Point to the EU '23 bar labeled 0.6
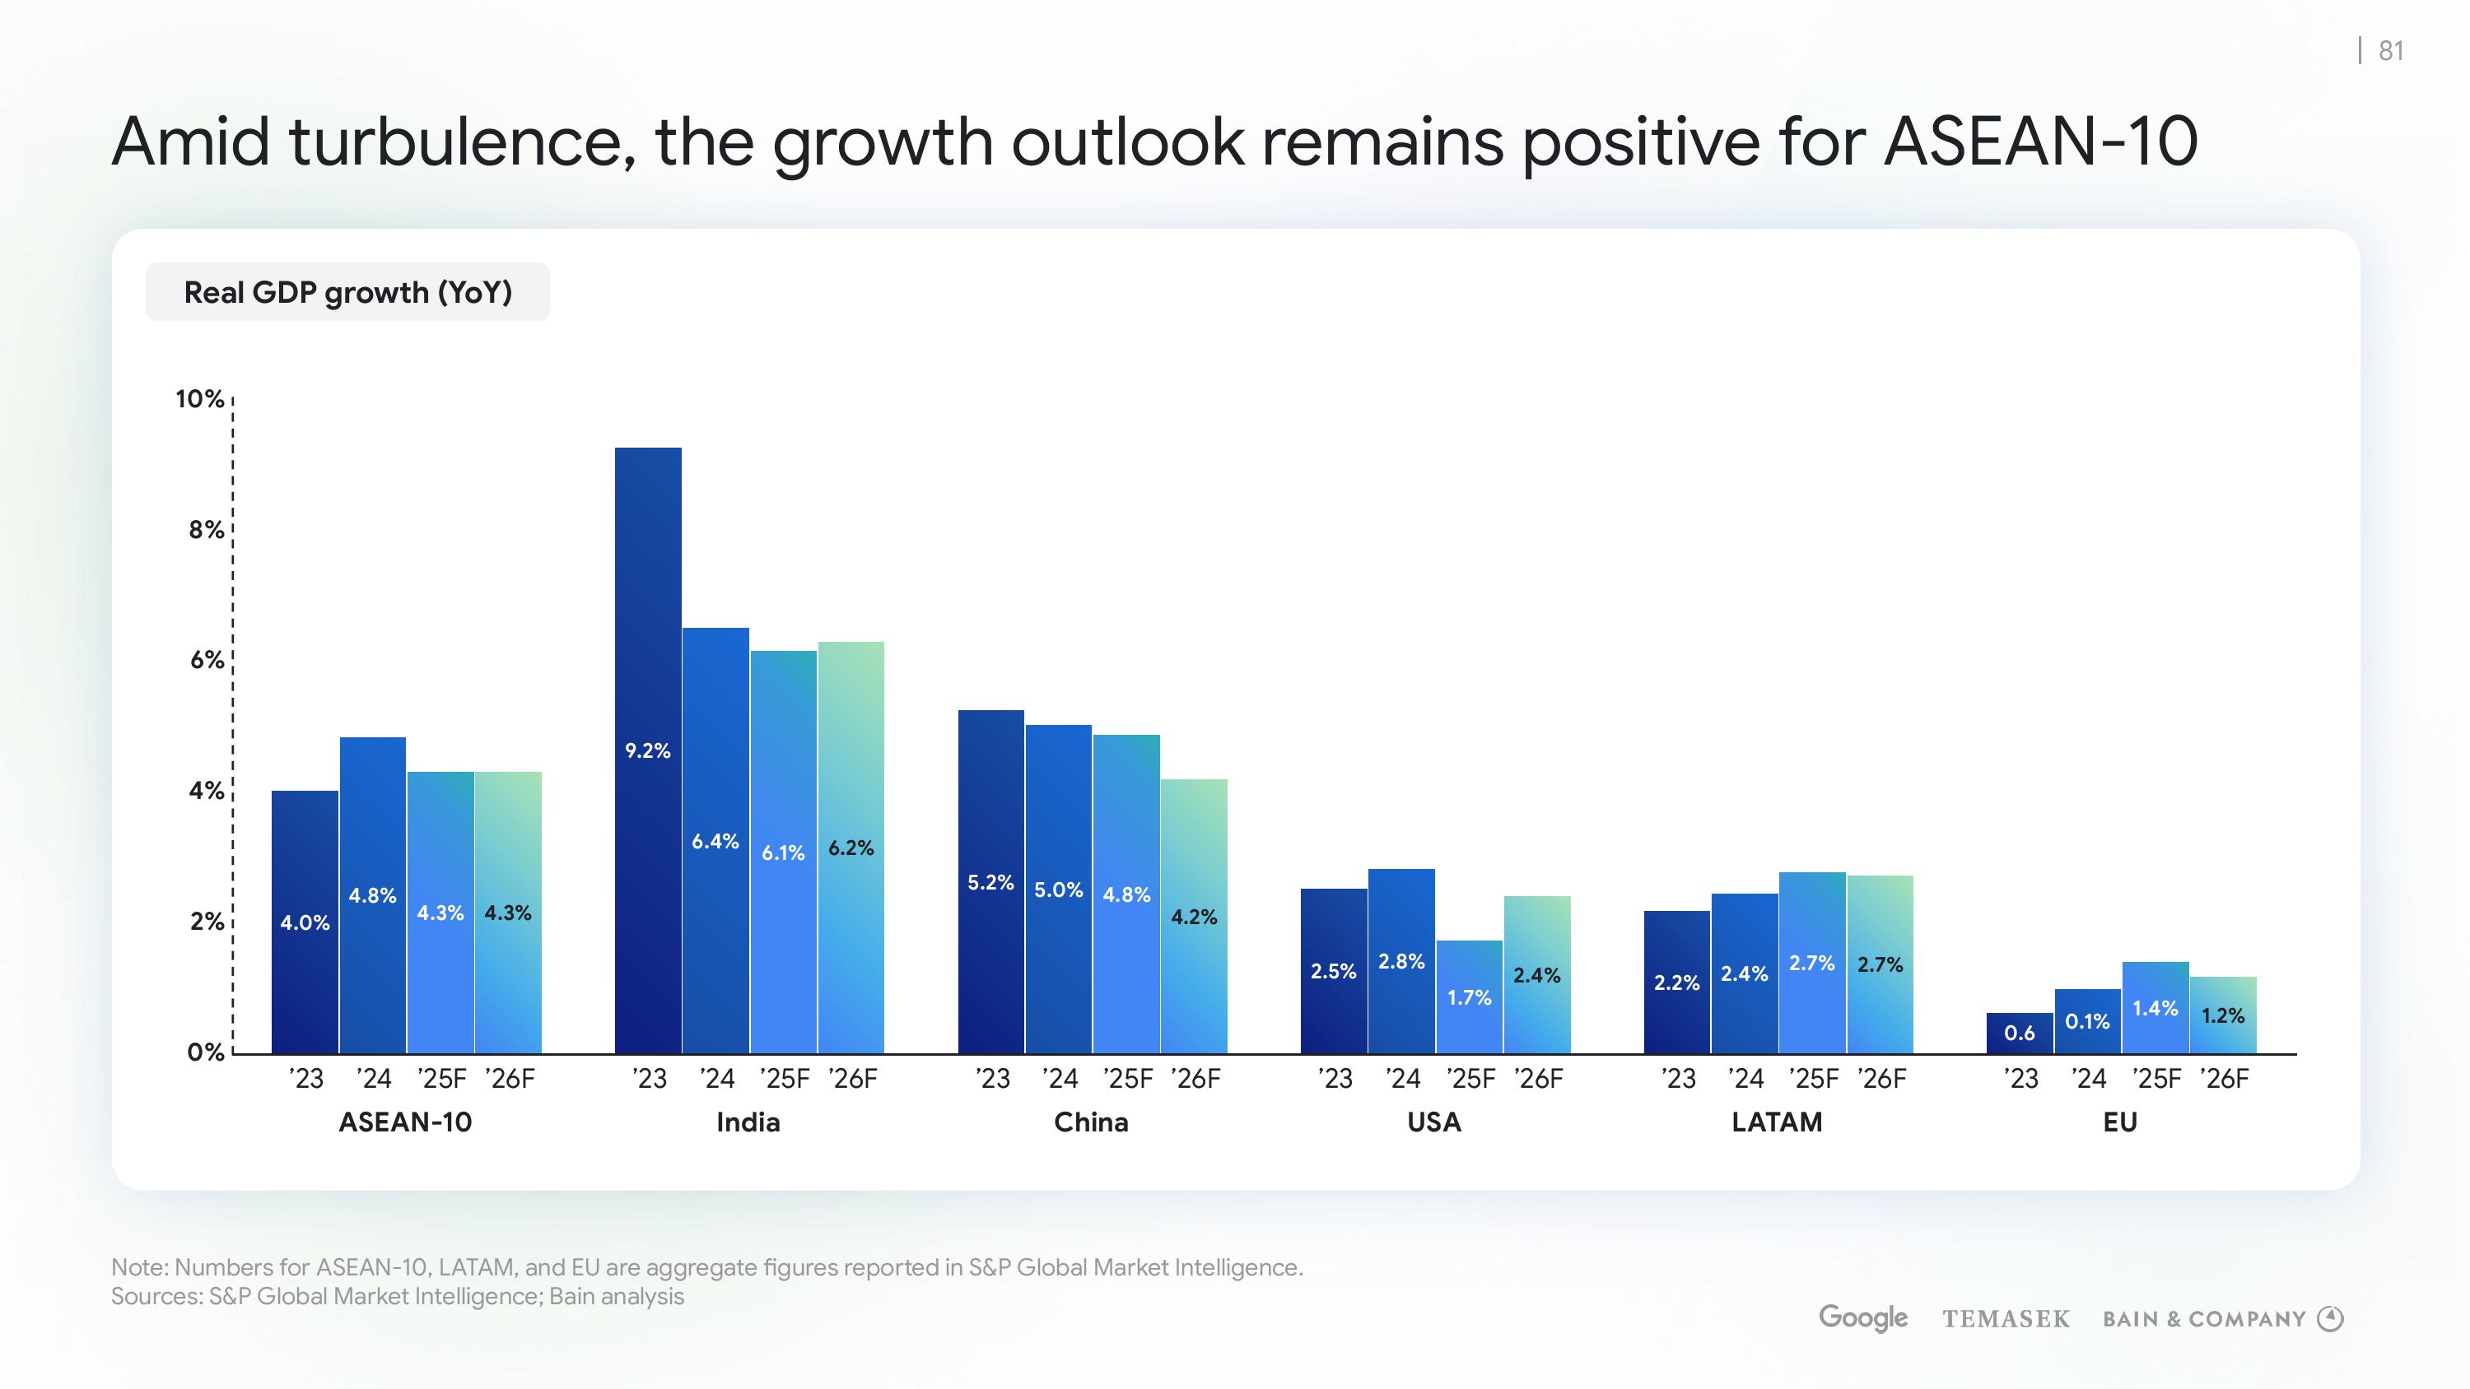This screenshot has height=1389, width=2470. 2020,1033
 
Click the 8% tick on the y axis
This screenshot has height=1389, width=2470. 206,529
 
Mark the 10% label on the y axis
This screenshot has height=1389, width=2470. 199,399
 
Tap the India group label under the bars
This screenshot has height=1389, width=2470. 748,1122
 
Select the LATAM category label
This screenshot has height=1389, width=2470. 1777,1122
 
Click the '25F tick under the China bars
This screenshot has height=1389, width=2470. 1128,1080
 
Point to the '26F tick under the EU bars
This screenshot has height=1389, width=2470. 2225,1080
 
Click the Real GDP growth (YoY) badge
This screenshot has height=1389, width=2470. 347,292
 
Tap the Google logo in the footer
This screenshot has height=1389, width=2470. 1862,1318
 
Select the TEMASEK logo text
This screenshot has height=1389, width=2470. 2006,1319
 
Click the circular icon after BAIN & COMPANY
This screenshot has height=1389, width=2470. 2330,1319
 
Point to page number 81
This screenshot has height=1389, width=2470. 2392,51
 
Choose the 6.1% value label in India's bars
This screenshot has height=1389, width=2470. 782,852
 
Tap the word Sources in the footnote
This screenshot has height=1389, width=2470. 155,1296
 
